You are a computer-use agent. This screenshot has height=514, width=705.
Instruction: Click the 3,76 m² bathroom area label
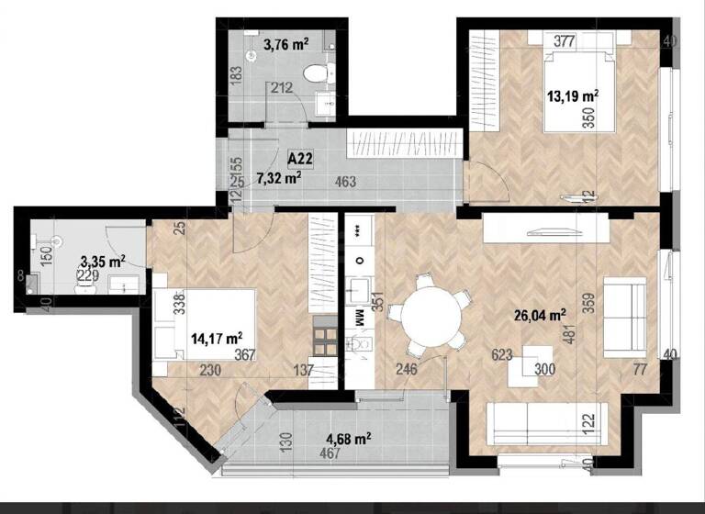click(285, 42)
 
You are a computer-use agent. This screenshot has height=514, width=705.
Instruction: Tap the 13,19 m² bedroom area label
click(573, 95)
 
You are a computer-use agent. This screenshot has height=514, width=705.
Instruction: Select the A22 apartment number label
click(299, 159)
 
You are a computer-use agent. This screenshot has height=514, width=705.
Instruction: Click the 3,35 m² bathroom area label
click(103, 262)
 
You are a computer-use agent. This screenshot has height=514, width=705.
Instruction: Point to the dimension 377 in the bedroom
click(565, 39)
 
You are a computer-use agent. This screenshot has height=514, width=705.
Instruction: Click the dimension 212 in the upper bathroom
click(281, 89)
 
